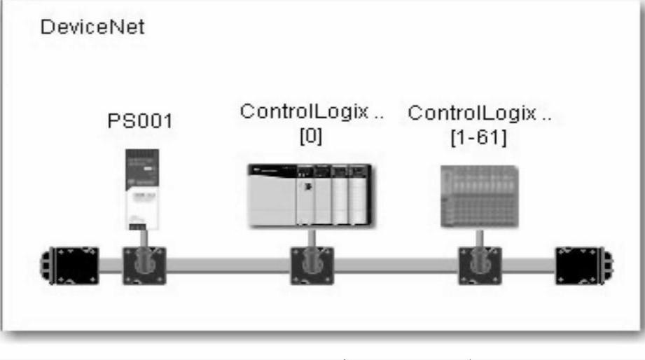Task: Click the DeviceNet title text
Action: point(92,29)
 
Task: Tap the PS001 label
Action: point(139,120)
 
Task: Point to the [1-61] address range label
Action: point(478,136)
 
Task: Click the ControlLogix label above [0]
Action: point(312,112)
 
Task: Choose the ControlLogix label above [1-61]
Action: point(479,113)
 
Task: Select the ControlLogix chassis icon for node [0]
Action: point(308,195)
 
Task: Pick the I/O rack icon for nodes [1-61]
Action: point(480,196)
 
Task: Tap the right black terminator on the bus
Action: point(582,265)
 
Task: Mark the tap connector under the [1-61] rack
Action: point(478,265)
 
